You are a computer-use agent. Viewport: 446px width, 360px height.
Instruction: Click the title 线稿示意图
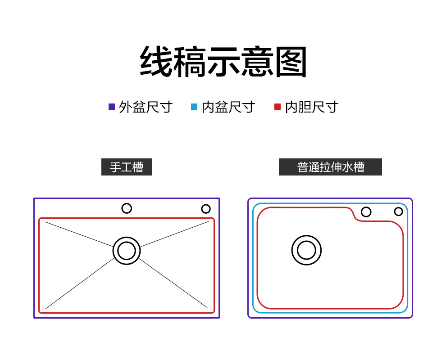pos(223,62)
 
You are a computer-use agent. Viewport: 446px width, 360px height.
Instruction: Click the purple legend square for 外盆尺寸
pos(112,107)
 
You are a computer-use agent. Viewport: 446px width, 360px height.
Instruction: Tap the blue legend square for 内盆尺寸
pos(194,107)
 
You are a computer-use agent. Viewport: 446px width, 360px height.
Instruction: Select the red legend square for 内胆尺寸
pos(278,107)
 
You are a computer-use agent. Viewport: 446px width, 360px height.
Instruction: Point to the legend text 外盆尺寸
pos(146,107)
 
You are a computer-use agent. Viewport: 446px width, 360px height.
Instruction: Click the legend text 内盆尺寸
pos(228,107)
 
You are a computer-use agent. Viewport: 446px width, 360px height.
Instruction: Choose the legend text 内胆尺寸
pos(311,107)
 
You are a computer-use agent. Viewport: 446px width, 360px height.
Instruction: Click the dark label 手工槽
pos(127,167)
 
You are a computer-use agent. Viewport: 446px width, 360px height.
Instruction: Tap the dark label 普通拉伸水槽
pos(330,167)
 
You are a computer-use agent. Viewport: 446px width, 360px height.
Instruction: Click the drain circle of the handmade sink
pos(127,251)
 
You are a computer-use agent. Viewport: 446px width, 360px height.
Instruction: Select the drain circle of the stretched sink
pos(306,250)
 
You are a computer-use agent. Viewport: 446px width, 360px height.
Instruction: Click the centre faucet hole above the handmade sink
pos(127,208)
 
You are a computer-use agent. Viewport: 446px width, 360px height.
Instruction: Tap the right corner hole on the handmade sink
pos(206,209)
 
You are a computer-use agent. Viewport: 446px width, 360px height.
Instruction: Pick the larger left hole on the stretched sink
pos(366,212)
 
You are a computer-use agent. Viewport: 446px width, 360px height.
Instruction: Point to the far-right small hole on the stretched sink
pos(399,211)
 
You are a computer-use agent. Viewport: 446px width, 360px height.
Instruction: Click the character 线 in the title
pos(156,62)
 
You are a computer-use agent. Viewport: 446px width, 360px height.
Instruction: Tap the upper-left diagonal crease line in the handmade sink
pos(79,234)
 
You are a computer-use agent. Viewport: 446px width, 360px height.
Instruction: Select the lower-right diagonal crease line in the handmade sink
pos(173,283)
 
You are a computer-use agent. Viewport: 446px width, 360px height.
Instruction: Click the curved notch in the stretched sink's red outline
pos(355,216)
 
